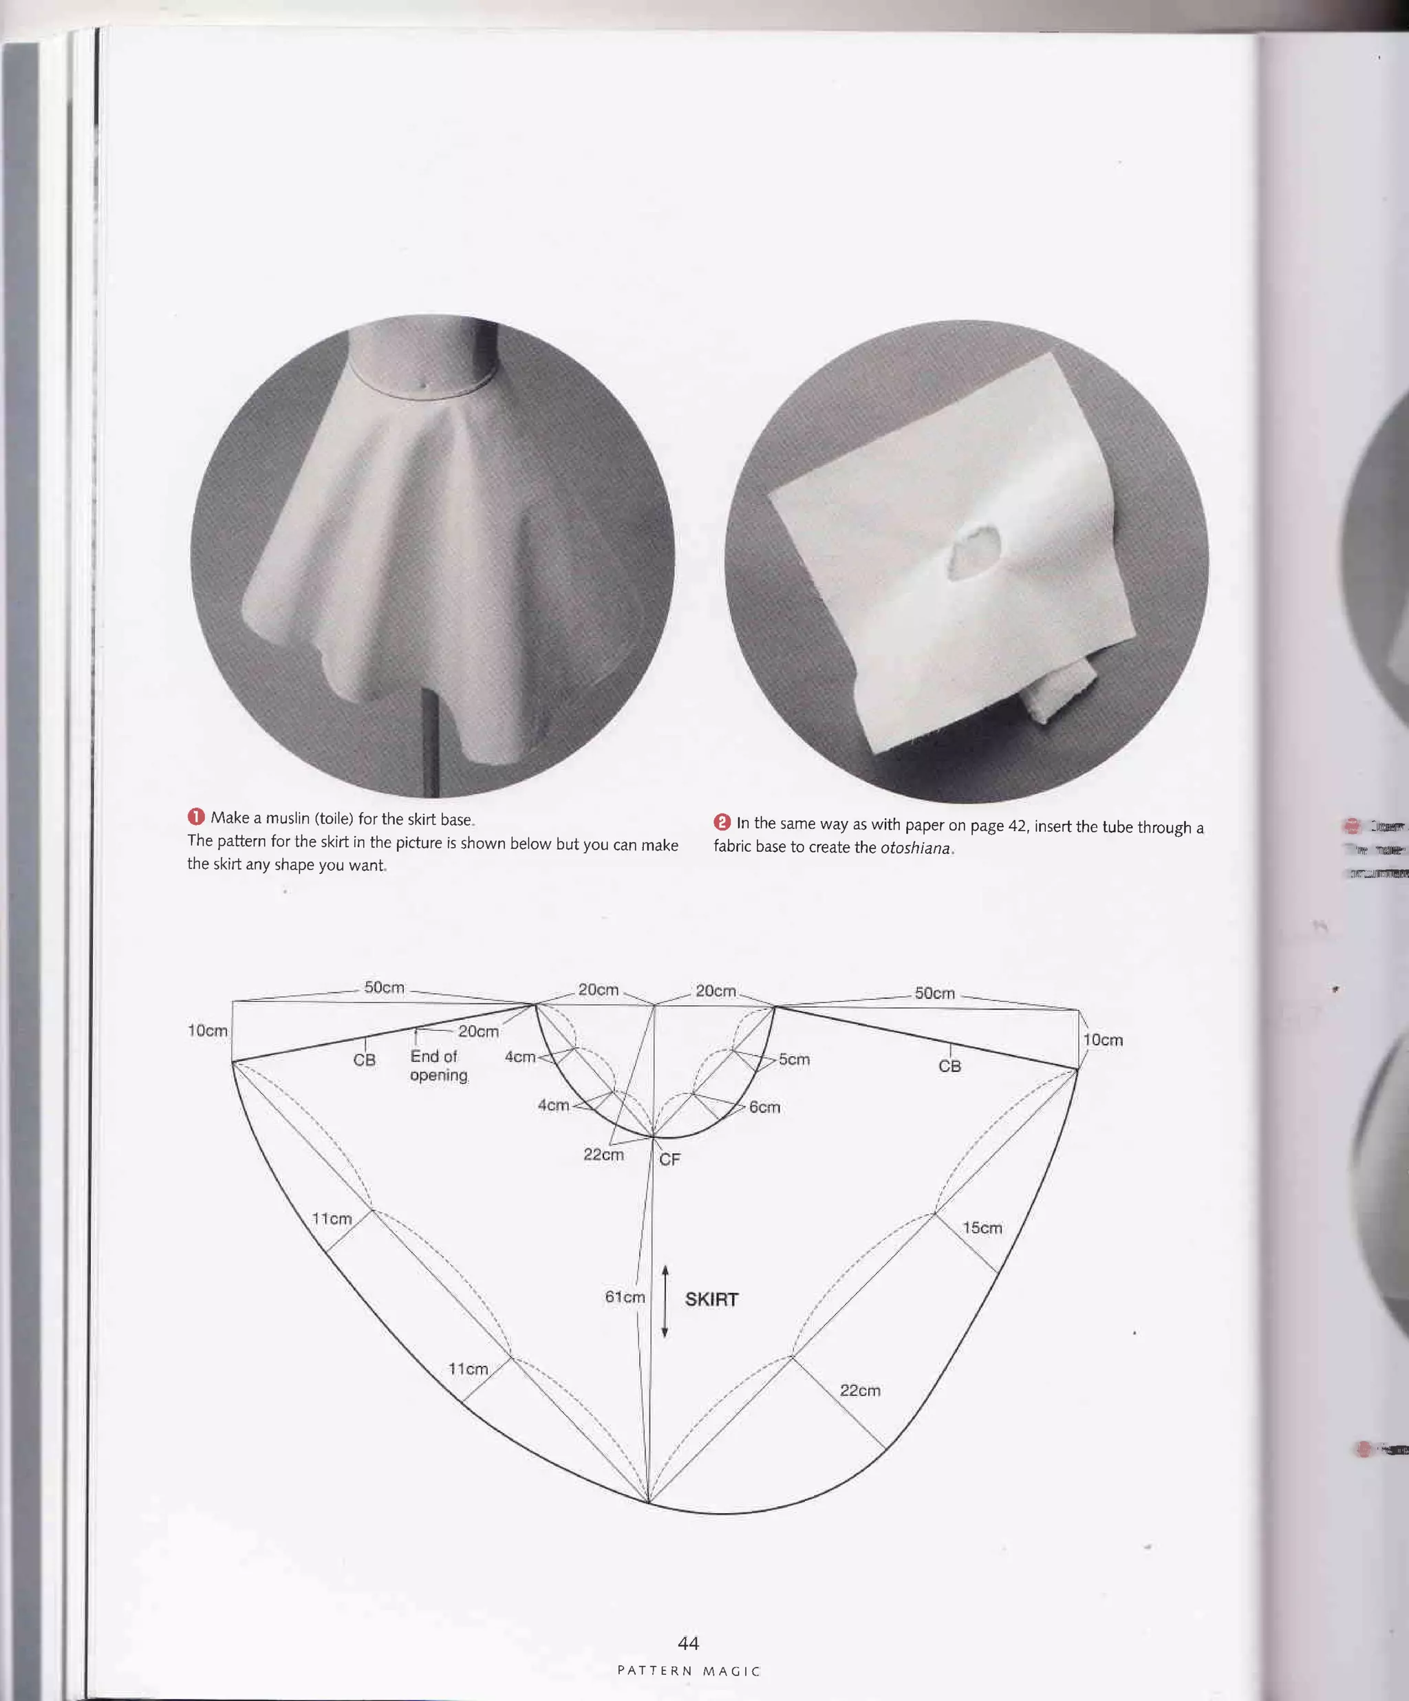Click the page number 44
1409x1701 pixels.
(x=687, y=1643)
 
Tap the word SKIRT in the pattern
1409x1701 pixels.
(x=711, y=1299)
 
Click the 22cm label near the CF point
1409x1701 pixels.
(x=603, y=1154)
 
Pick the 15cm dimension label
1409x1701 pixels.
(x=982, y=1228)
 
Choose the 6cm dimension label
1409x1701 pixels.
(x=764, y=1107)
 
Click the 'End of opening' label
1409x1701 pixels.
(x=438, y=1066)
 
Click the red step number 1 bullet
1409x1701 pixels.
(x=196, y=817)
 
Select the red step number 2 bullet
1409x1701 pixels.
(x=722, y=822)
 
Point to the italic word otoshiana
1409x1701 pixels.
(x=915, y=848)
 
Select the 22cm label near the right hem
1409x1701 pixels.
(x=859, y=1391)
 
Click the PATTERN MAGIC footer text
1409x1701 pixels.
(x=688, y=1671)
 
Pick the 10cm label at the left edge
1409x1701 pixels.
(x=207, y=1030)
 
